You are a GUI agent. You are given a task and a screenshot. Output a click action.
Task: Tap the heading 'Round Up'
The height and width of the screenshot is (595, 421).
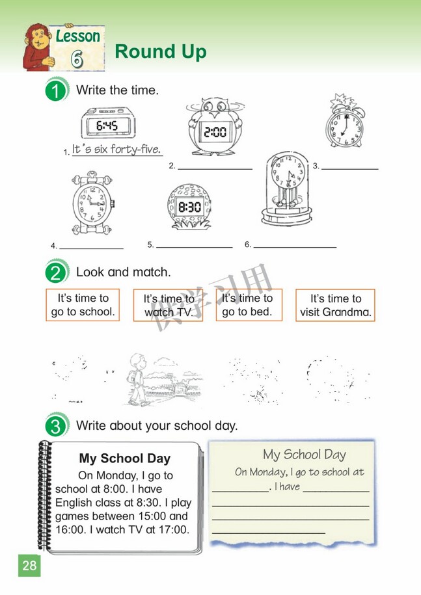(160, 52)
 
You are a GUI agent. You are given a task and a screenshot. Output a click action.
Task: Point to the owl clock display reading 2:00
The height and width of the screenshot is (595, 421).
(215, 131)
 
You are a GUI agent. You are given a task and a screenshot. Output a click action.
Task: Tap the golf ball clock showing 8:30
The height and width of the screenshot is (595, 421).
(189, 207)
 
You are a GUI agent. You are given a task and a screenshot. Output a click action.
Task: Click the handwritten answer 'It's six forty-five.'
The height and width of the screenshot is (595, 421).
(116, 150)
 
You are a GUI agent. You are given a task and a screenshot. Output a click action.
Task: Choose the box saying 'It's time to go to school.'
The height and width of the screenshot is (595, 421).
(83, 305)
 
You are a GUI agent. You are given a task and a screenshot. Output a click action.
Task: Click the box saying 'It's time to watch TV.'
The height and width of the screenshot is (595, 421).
(169, 306)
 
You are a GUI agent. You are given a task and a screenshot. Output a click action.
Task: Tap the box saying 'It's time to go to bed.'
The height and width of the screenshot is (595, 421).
(249, 305)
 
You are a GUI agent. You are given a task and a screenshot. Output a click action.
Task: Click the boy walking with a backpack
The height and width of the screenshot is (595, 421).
(137, 377)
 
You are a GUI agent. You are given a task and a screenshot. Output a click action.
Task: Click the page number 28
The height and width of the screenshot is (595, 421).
(29, 565)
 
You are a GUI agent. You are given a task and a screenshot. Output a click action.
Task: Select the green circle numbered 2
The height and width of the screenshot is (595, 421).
(57, 272)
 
